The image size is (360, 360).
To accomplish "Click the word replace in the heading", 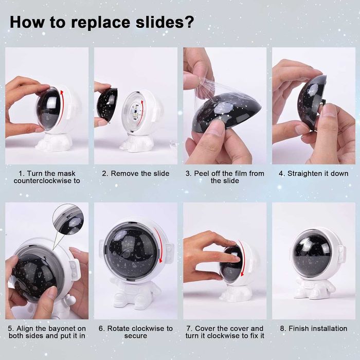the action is pyautogui.click(x=100, y=23).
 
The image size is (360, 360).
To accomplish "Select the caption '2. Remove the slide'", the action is pyautogui.click(x=136, y=174).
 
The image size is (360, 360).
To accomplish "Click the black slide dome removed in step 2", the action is pyautogui.click(x=107, y=103).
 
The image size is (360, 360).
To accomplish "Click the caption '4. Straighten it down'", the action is pyautogui.click(x=313, y=174).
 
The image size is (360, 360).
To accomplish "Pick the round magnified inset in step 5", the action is pyautogui.click(x=68, y=219).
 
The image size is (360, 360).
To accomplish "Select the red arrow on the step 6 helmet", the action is pyautogui.click(x=159, y=244).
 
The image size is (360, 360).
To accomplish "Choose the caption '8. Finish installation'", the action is pyautogui.click(x=313, y=329).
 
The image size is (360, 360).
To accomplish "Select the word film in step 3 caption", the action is pyautogui.click(x=240, y=174).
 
